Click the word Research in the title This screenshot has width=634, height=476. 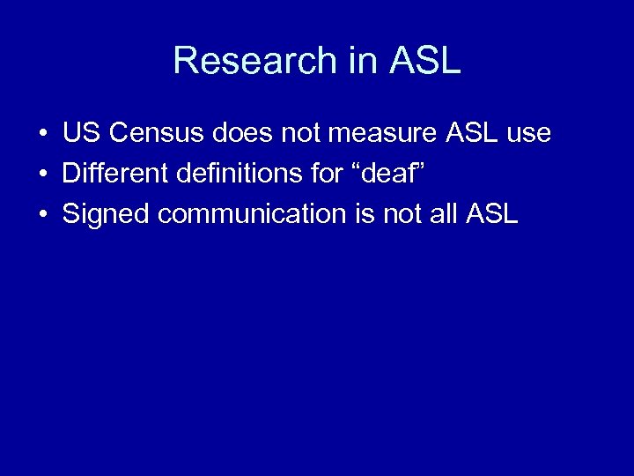(x=254, y=61)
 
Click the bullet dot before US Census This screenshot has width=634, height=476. (x=42, y=135)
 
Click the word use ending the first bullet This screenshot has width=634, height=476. (x=530, y=134)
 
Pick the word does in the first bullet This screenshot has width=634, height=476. (x=242, y=134)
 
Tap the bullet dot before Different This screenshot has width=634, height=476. (x=42, y=175)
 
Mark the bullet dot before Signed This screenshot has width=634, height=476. (x=42, y=214)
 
